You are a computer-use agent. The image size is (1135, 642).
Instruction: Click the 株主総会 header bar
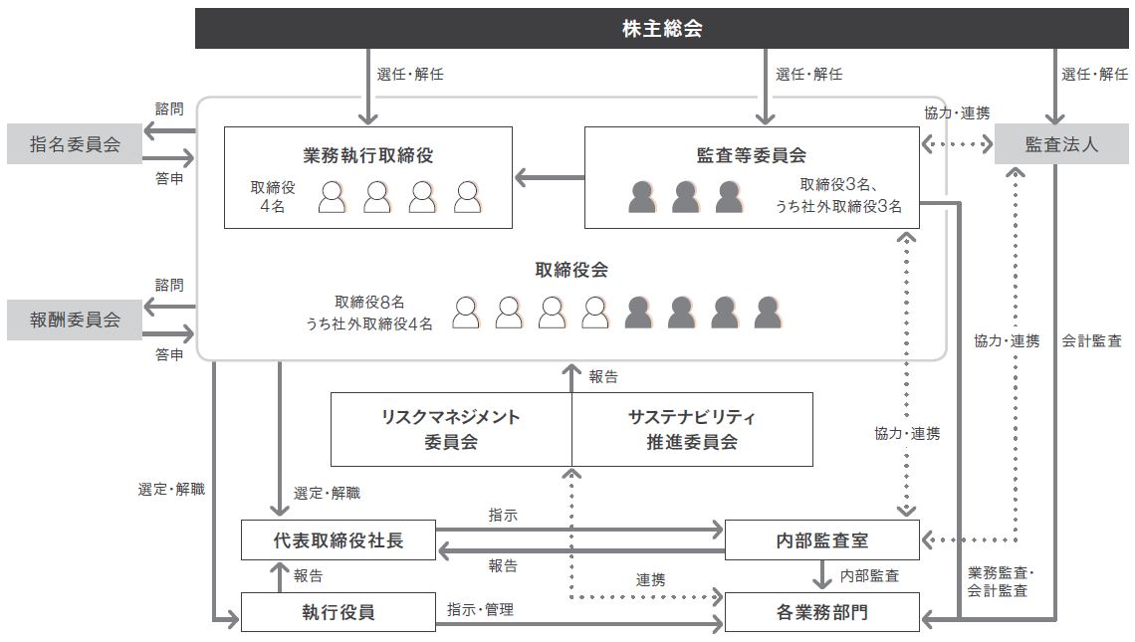tap(662, 28)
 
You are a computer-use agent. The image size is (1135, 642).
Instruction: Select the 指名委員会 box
tap(75, 144)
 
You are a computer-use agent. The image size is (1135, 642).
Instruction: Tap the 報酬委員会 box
tap(75, 320)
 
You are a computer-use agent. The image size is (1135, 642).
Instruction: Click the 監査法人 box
tap(1061, 144)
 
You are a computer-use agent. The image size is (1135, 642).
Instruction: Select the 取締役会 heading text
tap(570, 270)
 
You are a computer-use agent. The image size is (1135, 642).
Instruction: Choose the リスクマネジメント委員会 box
tap(451, 429)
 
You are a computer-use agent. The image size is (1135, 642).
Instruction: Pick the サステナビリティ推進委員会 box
tap(692, 429)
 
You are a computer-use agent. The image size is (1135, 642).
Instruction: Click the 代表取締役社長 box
tap(339, 540)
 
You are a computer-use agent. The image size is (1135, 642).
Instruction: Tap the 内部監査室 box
tap(821, 540)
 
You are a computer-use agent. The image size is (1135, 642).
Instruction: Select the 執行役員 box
tap(339, 611)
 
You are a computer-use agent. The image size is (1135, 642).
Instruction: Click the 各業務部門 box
tap(821, 611)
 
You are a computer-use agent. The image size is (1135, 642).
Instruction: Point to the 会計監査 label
tap(1091, 340)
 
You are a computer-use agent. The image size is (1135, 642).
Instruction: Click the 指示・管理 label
tap(480, 609)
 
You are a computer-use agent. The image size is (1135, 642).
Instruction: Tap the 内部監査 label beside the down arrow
tap(869, 575)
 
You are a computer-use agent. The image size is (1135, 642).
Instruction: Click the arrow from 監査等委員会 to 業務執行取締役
tap(549, 178)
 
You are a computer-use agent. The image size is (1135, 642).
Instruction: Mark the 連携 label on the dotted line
tap(651, 579)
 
